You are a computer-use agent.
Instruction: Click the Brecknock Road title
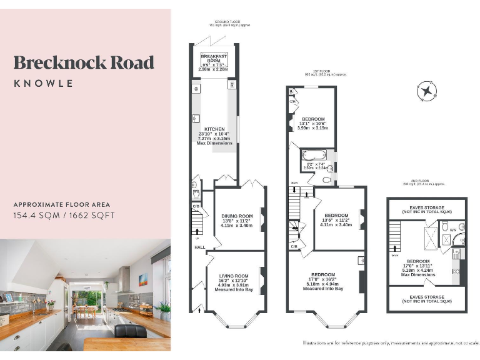click(x=84, y=62)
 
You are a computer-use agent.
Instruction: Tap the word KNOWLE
click(x=43, y=83)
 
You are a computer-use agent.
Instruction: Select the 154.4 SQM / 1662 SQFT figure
click(x=64, y=216)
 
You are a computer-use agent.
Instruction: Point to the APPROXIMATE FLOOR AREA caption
click(x=62, y=204)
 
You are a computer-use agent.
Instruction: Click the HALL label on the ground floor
click(x=199, y=247)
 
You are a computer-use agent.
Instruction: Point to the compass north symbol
click(x=427, y=92)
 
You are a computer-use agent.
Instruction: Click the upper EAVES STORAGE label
click(x=427, y=207)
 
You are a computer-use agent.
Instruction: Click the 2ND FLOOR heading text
click(x=426, y=181)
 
